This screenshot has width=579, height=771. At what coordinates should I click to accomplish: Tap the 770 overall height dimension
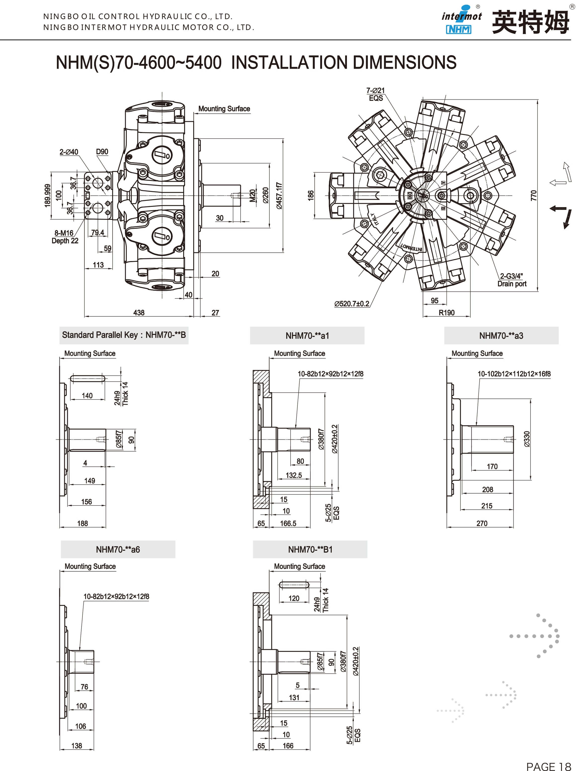(533, 195)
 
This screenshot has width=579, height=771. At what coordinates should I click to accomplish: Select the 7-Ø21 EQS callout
(375, 94)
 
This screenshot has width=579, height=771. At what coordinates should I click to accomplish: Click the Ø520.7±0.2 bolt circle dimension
(352, 304)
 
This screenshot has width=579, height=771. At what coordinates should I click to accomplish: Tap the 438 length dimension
(139, 313)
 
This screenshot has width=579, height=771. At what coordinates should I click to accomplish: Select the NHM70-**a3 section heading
(501, 336)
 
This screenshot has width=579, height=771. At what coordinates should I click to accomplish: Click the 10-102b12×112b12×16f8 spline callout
(514, 374)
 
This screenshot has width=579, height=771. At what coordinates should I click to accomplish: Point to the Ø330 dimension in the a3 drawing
(527, 439)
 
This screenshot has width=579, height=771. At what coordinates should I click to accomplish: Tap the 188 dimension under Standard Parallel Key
(83, 523)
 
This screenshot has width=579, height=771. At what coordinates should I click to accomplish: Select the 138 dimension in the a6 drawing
(77, 746)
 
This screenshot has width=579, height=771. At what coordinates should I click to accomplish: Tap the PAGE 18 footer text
(548, 766)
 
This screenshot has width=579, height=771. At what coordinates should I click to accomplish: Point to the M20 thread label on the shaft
(252, 195)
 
